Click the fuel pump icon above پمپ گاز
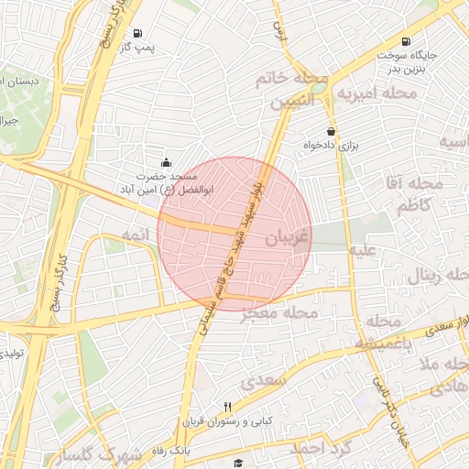pyautogui.click(x=137, y=32)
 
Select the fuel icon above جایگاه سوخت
pyautogui.click(x=406, y=41)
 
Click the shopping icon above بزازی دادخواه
pyautogui.click(x=331, y=131)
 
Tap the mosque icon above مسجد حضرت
pyautogui.click(x=166, y=162)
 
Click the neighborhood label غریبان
pyautogui.click(x=289, y=237)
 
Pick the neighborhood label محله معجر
pyautogui.click(x=279, y=314)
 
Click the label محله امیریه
pyautogui.click(x=371, y=93)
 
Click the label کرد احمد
pyautogui.click(x=322, y=449)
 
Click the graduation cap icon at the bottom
pyautogui.click(x=238, y=464)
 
